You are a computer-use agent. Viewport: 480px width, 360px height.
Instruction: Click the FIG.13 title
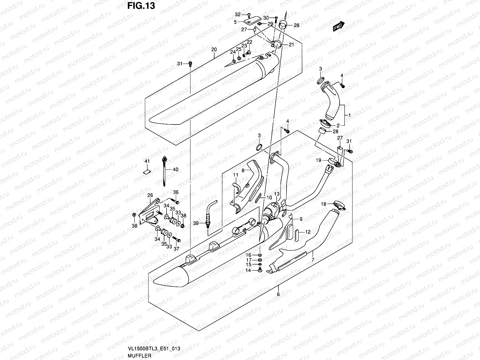[x=140, y=6]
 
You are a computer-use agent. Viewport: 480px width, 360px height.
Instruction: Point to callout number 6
[x=278, y=294]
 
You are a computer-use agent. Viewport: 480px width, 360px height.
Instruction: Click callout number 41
[x=147, y=161]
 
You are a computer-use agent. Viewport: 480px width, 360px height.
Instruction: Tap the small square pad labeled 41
[x=146, y=172]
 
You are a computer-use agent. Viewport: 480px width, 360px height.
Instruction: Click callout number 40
[x=175, y=169]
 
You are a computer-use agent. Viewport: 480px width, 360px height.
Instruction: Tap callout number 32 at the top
[x=238, y=14]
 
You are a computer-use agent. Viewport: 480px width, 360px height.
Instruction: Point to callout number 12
[x=308, y=232]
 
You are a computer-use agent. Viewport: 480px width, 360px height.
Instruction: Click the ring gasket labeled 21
[x=277, y=45]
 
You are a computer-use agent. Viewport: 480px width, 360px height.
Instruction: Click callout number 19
[x=318, y=160]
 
